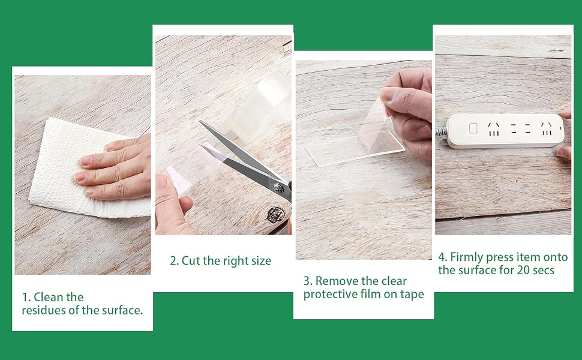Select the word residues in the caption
point(44,310)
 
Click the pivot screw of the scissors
point(278,188)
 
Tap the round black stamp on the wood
point(275,215)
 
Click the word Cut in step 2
point(190,260)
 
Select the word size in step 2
point(262,261)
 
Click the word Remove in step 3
point(337,281)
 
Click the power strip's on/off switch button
point(473,129)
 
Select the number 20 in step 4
point(523,270)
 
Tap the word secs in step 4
point(544,270)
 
